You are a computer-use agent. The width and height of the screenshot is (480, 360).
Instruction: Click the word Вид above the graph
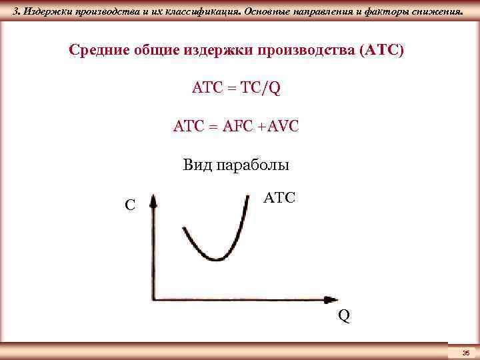point(196,165)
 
